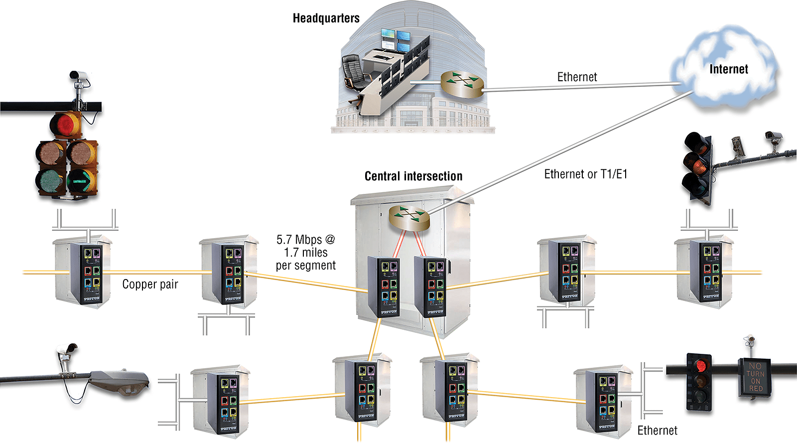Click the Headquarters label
pyautogui.click(x=326, y=18)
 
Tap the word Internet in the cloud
pyautogui.click(x=728, y=69)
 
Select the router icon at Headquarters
pyautogui.click(x=462, y=84)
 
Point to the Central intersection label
pyautogui.click(x=413, y=176)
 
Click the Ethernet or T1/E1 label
pyautogui.click(x=585, y=174)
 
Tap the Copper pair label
pyautogui.click(x=150, y=284)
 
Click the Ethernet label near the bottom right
pyautogui.click(x=657, y=431)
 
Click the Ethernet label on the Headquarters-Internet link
pyautogui.click(x=577, y=77)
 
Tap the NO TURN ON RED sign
pyautogui.click(x=755, y=377)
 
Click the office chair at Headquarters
pyautogui.click(x=354, y=71)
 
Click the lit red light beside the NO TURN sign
pyautogui.click(x=700, y=365)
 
